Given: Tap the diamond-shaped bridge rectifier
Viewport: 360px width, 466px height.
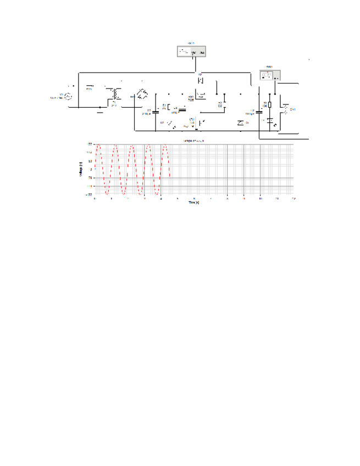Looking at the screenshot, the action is [x=141, y=95].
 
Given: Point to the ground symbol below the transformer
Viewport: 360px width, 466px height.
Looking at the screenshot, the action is [x=99, y=111].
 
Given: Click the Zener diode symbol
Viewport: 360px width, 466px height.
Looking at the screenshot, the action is [x=241, y=122].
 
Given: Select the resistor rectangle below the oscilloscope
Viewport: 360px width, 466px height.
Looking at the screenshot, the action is [x=269, y=104].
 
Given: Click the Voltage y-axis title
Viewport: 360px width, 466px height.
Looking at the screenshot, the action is [x=81, y=169].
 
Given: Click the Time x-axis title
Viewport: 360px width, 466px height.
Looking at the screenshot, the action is [x=193, y=202].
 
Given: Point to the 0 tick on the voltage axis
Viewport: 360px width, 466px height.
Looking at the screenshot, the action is [x=91, y=170].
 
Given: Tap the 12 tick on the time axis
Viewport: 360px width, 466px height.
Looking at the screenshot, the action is [x=294, y=198].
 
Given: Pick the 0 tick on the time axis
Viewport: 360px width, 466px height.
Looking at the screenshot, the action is [x=95, y=198].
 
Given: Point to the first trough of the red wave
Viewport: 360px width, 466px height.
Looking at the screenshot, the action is [x=107, y=194].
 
